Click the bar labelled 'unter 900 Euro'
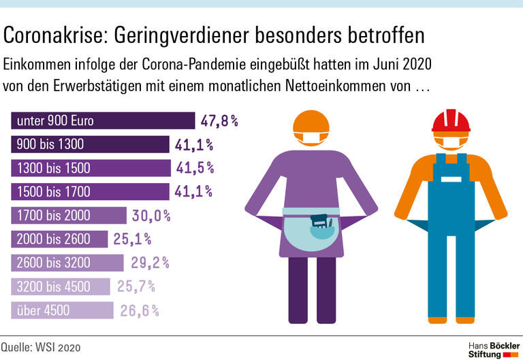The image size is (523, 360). pos(102,121)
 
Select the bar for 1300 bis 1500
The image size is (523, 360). pos(91,167)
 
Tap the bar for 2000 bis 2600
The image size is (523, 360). pos(60,239)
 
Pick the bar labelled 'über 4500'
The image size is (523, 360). pos(63,310)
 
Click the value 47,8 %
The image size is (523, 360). pos(219,121)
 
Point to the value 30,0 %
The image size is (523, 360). pos(151,216)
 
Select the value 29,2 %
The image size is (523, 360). pos(147,263)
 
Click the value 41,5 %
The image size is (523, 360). pos(194,167)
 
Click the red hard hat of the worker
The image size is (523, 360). pos(451,120)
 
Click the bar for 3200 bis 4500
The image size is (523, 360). pos(61,287)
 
